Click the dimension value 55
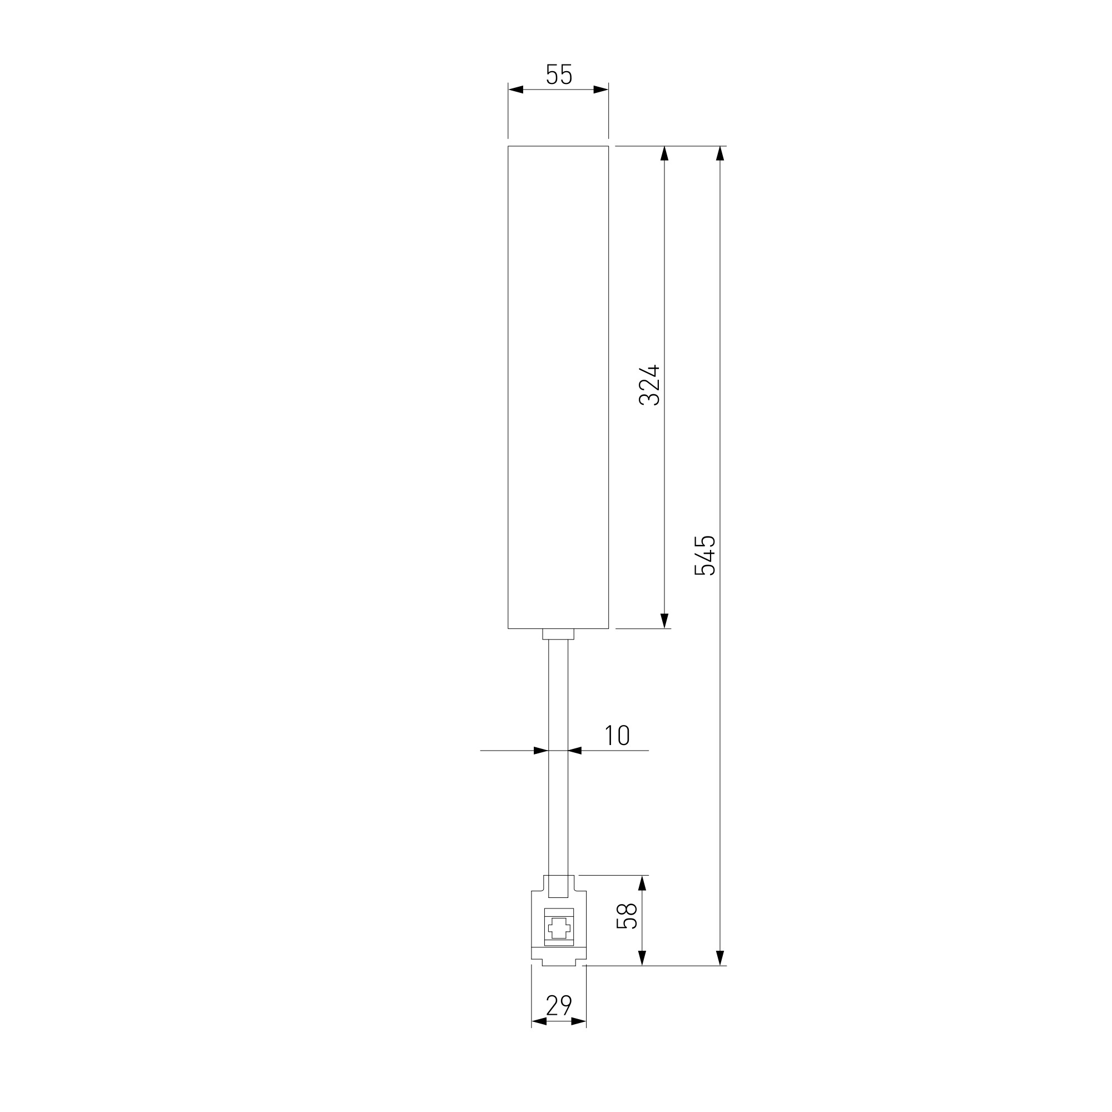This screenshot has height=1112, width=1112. pos(558,75)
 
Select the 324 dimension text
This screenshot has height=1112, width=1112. pos(649,385)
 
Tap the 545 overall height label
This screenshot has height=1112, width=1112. pos(704,555)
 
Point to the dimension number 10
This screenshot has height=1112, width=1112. pos(617,736)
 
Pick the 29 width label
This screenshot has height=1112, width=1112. pos(558,1005)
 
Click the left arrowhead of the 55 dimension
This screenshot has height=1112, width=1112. pos(516,89)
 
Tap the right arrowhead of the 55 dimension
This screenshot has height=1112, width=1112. pos(601,89)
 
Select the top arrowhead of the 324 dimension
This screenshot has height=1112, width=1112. pos(664,153)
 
